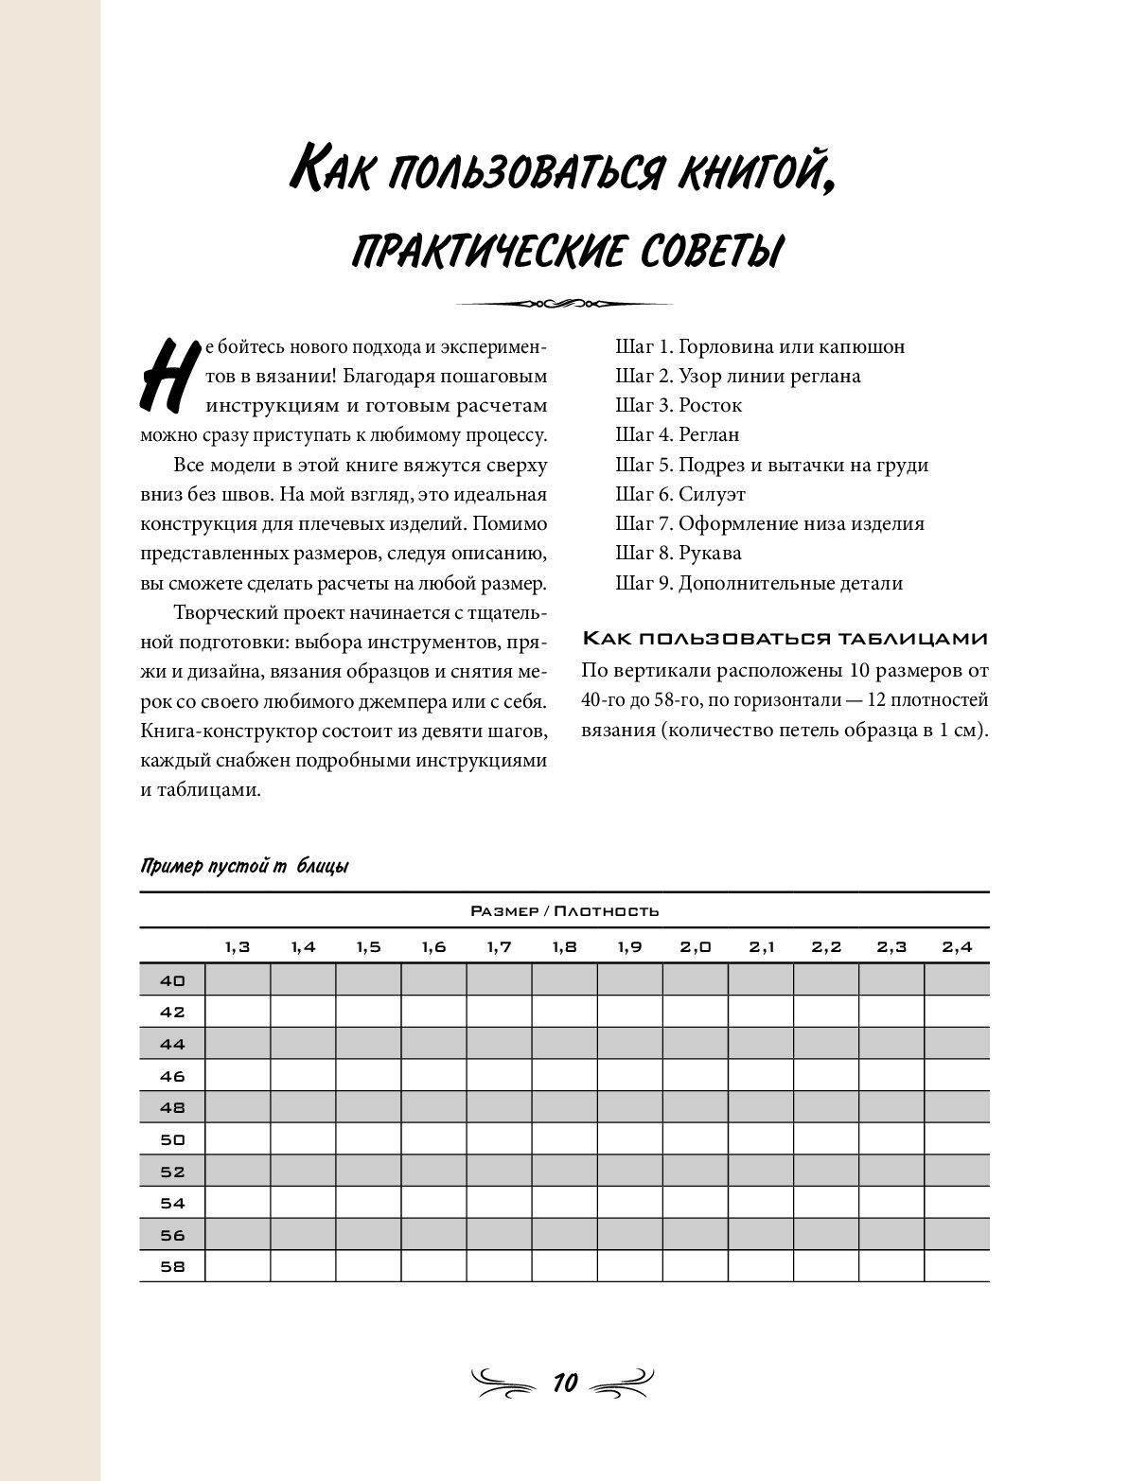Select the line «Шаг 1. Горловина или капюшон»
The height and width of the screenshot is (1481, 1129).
click(x=760, y=346)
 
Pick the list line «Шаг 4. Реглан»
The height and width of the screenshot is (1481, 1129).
click(x=677, y=434)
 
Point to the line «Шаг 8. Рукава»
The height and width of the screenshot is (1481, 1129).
click(x=678, y=553)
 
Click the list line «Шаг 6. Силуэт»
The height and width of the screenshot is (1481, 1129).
click(x=680, y=494)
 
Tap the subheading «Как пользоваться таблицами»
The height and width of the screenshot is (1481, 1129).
click(x=785, y=639)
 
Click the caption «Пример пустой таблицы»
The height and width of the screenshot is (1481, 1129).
click(x=244, y=866)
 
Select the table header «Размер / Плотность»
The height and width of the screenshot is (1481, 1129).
click(x=564, y=911)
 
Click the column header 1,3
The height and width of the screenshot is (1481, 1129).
click(x=238, y=946)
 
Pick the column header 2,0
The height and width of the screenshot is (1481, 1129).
click(x=696, y=946)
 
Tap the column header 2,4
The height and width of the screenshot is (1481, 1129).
click(x=957, y=946)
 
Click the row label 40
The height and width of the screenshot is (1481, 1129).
click(x=172, y=980)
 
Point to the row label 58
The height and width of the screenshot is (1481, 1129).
click(x=172, y=1267)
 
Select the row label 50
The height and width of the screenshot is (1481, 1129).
click(x=172, y=1139)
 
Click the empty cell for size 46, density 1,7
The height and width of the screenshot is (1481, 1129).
click(x=499, y=1076)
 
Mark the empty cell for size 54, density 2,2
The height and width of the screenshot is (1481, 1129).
click(x=826, y=1204)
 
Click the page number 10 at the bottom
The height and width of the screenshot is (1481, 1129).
click(x=565, y=1383)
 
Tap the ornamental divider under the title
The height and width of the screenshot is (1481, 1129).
click(x=564, y=304)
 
